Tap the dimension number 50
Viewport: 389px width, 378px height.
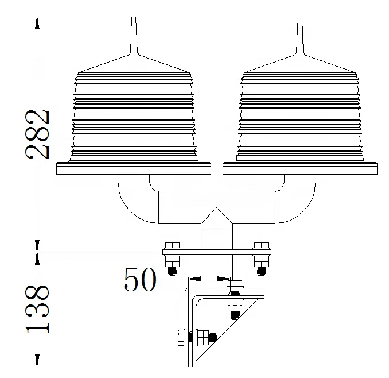[139, 280]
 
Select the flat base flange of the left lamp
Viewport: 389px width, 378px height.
[133, 168]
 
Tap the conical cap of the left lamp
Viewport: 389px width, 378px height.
[133, 64]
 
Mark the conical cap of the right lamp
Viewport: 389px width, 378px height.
[298, 64]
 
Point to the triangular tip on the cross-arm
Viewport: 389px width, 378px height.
[216, 217]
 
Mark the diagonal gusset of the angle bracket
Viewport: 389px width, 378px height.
[227, 336]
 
